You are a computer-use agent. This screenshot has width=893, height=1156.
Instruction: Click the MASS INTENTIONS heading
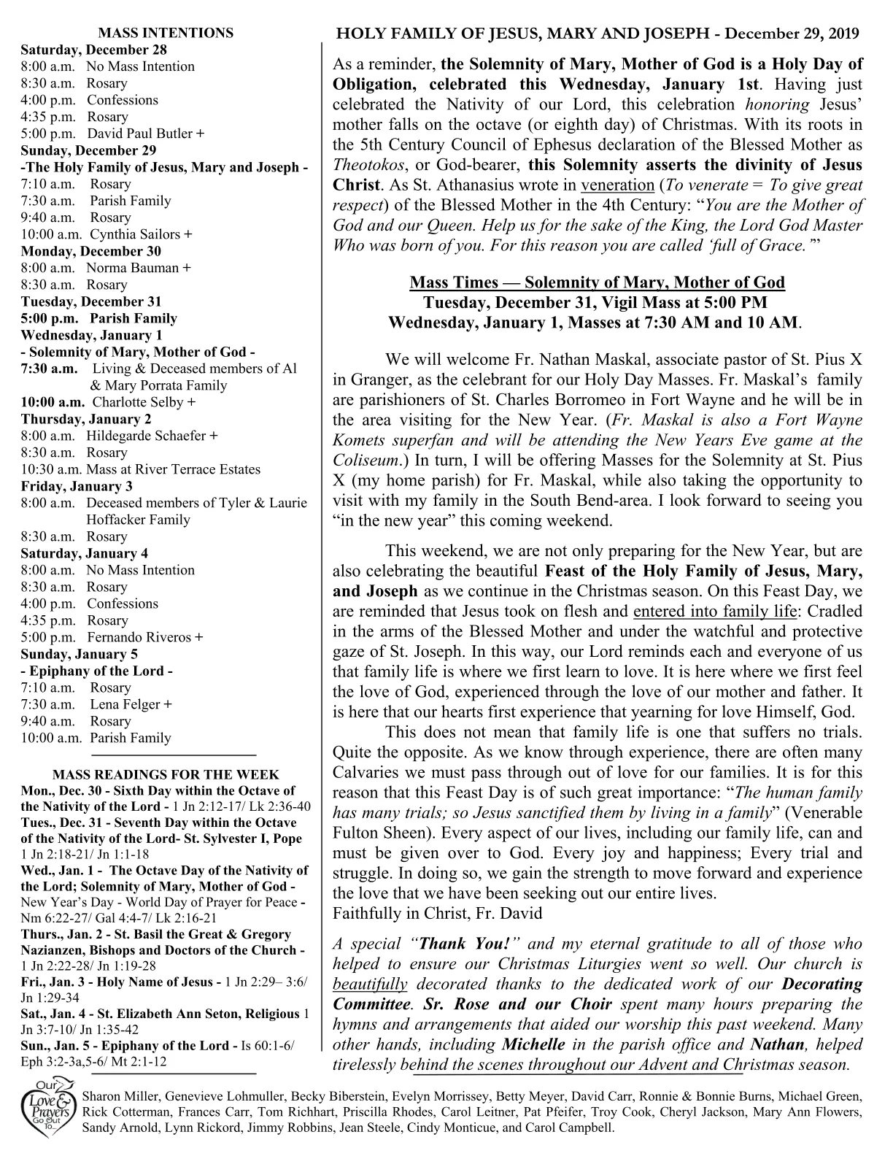(x=166, y=33)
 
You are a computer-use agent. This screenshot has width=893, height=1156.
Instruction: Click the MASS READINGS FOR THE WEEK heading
(x=166, y=775)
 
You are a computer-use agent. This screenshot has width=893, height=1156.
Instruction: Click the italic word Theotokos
(x=368, y=165)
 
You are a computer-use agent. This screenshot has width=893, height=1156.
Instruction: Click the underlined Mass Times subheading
(x=597, y=282)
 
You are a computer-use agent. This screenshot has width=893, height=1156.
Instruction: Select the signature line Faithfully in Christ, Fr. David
(x=436, y=913)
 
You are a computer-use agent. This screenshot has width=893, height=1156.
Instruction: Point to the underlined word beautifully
(x=369, y=984)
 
